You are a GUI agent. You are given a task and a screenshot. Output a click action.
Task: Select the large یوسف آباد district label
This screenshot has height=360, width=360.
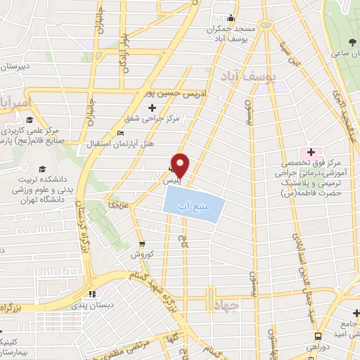pyautogui.click(x=250, y=74)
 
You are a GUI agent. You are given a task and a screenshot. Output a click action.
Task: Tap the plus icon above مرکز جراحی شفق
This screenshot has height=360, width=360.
pyautogui.click(x=153, y=108)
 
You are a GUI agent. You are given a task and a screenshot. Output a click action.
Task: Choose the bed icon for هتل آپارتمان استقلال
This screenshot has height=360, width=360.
pyautogui.click(x=120, y=134)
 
